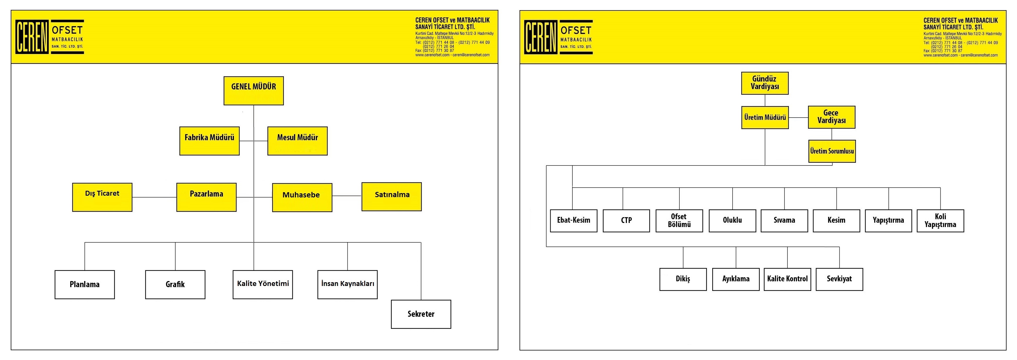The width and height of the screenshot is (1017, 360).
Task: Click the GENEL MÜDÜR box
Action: [x=253, y=91]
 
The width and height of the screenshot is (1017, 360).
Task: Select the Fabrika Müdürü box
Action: [x=209, y=141]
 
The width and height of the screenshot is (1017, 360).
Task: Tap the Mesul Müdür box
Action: [x=297, y=141]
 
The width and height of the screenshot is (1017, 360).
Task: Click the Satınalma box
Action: [x=392, y=197]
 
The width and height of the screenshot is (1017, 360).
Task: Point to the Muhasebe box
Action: [x=302, y=197]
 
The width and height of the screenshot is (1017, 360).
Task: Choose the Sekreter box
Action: [x=421, y=314]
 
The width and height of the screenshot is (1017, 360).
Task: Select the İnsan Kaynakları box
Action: [x=347, y=285]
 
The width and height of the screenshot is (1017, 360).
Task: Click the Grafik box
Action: [x=175, y=285]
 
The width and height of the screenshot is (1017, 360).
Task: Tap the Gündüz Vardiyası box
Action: [x=765, y=83]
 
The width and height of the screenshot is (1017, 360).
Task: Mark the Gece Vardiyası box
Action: [x=832, y=117]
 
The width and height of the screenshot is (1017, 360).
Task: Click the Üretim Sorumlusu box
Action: [x=832, y=151]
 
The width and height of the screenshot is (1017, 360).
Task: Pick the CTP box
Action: [x=626, y=221]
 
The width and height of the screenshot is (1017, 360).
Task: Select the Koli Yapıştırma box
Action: [x=940, y=221]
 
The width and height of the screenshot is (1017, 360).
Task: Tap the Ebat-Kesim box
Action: [x=573, y=221]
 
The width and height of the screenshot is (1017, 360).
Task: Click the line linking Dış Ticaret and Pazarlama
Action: [x=154, y=197]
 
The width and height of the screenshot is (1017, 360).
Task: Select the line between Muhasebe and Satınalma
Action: [x=347, y=196]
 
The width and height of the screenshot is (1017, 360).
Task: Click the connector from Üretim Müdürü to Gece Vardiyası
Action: [x=798, y=118]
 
